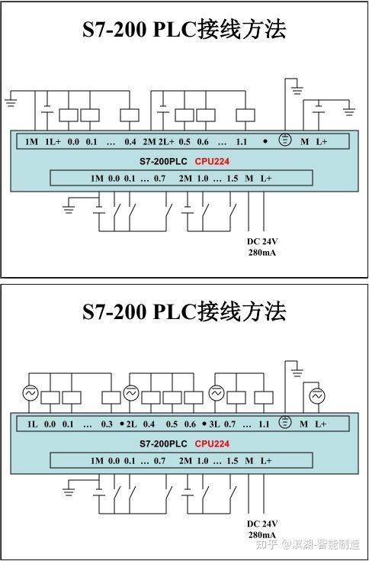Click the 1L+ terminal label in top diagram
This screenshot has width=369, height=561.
[x=53, y=142]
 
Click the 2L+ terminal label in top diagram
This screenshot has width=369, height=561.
[x=166, y=142]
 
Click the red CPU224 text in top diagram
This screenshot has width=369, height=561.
[x=212, y=162]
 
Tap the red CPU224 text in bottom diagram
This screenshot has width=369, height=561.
[x=212, y=443]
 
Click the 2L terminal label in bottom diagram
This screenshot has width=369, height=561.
[x=130, y=424]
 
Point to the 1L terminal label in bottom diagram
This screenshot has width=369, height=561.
[x=32, y=424]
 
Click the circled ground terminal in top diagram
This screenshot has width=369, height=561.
[x=285, y=141]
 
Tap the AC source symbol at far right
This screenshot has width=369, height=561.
[x=316, y=395]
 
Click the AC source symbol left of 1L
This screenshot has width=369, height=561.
[x=30, y=393]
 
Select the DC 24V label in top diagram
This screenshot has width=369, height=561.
[x=262, y=241]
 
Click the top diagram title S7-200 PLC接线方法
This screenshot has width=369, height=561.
[x=184, y=30]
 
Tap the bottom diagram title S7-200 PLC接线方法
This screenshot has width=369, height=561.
[x=184, y=311]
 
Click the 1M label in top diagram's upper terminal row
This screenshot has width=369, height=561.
[x=31, y=142]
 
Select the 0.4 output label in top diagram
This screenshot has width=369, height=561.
[x=130, y=142]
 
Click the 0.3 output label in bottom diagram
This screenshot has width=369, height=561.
[x=107, y=424]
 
